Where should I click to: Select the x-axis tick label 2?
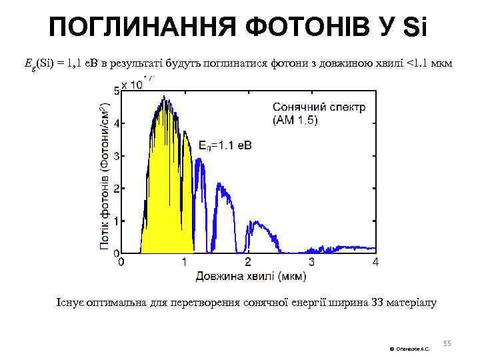tap(248, 262)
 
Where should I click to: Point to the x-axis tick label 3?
tap(311, 262)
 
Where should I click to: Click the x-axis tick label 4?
tap(375, 262)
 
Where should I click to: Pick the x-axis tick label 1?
tap(185, 262)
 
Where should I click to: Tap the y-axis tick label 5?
tap(117, 92)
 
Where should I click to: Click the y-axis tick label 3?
tap(117, 157)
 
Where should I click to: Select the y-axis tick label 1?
tap(117, 221)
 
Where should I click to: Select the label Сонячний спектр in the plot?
tap(319, 107)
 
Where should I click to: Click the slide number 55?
tap(447, 343)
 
